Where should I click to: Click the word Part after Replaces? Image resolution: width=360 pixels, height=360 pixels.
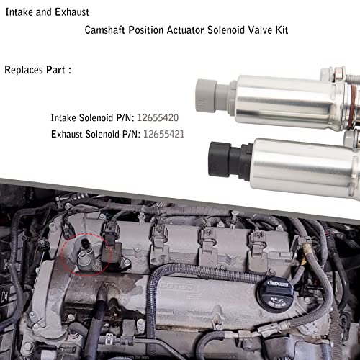pos(59,71)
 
